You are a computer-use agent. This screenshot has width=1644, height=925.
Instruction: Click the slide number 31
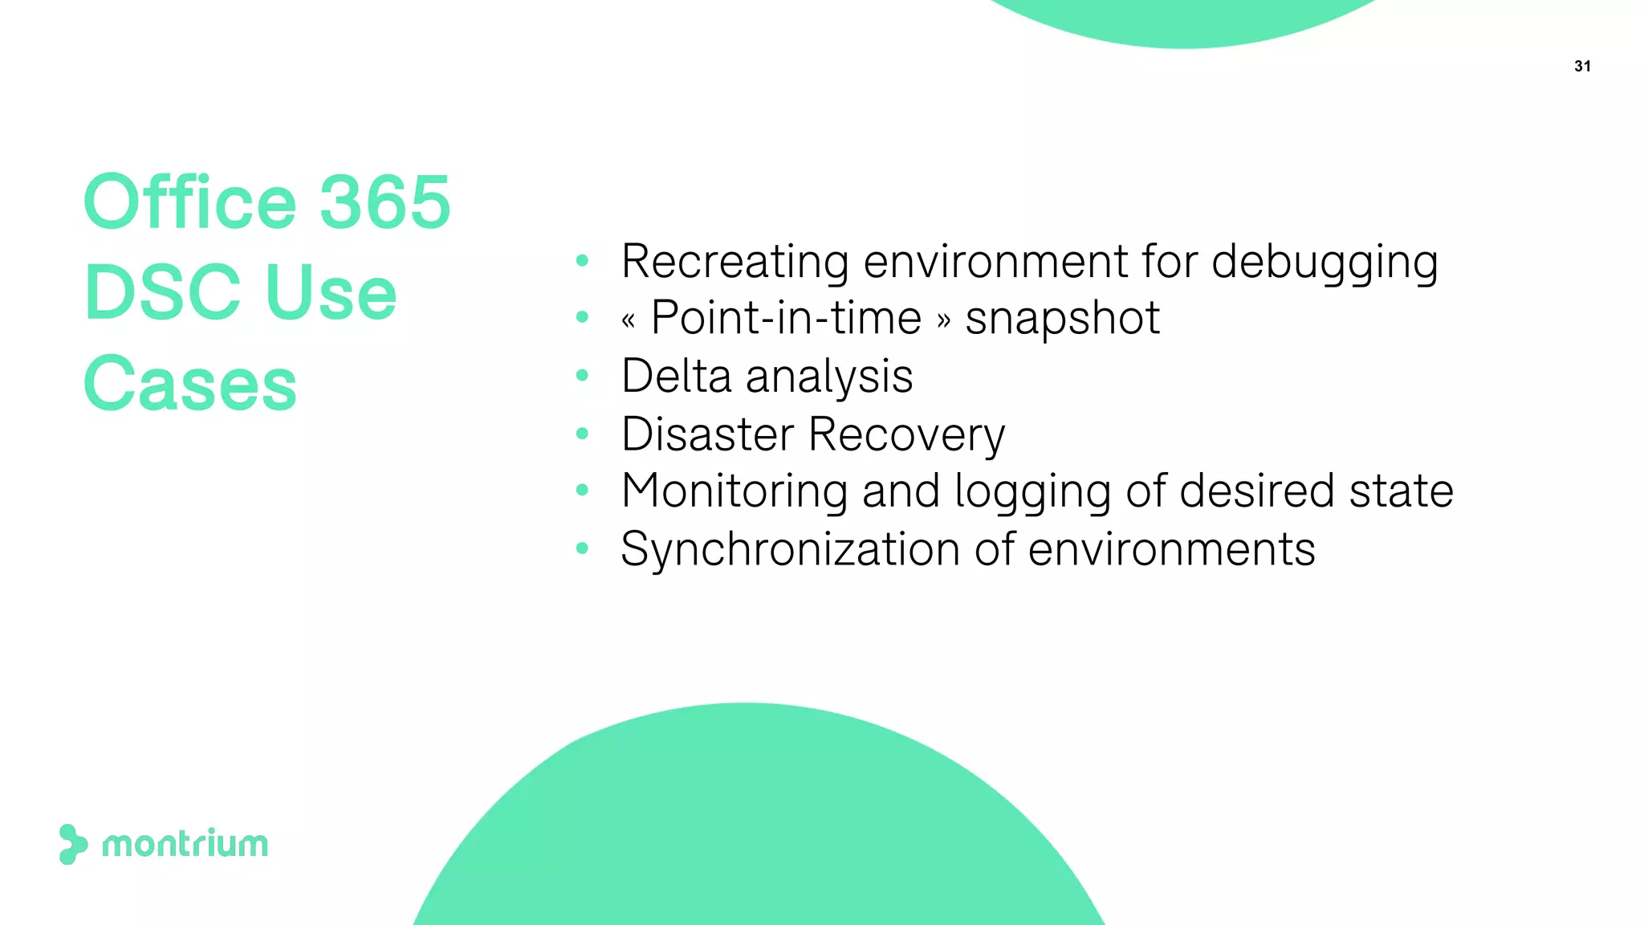[x=1582, y=67]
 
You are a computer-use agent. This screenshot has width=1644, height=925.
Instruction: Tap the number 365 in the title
[x=385, y=202]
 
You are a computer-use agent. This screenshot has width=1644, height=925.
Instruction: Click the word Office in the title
[x=190, y=202]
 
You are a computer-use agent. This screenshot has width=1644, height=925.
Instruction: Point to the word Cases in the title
[x=190, y=384]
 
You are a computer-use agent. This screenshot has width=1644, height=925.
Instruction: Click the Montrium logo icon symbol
[x=72, y=844]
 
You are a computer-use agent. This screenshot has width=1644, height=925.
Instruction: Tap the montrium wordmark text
[x=185, y=845]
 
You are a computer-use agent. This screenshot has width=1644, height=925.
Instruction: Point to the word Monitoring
[x=734, y=492]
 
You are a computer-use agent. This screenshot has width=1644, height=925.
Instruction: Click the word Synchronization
[x=790, y=550]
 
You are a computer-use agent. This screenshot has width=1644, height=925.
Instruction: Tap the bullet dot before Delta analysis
[x=583, y=375]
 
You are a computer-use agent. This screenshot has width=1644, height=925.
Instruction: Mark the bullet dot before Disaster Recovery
[x=583, y=434]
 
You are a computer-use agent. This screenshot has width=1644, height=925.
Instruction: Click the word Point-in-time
[x=786, y=318]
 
